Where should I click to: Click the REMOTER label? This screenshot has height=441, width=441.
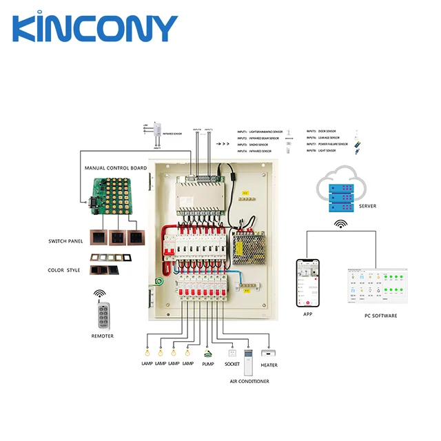coord(102,336)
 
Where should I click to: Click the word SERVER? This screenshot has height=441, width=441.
coord(367,206)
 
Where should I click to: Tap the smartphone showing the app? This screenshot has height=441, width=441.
coord(309,283)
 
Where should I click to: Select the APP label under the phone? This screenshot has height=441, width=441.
coord(308,314)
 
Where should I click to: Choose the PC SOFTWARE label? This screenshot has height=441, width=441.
coord(380,316)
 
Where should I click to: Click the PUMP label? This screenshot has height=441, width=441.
coord(208,363)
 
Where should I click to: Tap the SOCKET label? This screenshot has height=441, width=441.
coord(234,363)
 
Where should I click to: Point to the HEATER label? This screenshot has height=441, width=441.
coord(269,365)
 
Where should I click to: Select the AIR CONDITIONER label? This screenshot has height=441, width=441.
coord(249,381)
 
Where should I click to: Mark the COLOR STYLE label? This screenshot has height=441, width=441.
coord(64,270)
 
